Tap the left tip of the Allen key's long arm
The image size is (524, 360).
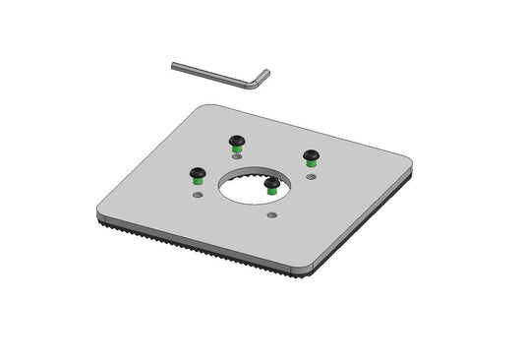[175, 66]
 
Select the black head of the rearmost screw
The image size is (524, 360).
[236, 139]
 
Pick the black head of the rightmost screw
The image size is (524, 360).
[312, 154]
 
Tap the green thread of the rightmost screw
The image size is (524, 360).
[312, 163]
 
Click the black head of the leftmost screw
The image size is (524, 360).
[197, 171]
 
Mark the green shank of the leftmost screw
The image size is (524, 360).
[197, 180]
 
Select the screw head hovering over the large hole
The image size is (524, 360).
[271, 182]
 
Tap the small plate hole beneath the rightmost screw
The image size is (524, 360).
[312, 178]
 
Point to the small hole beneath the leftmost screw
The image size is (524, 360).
[197, 196]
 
